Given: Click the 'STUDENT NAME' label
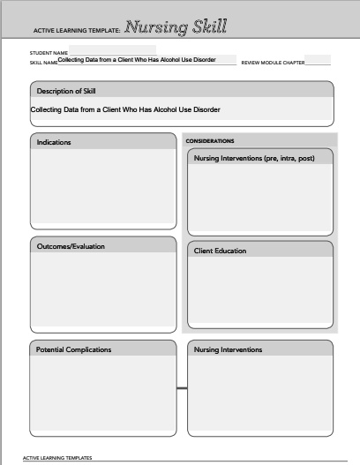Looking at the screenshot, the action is (49, 52).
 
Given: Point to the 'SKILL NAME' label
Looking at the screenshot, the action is (43, 63).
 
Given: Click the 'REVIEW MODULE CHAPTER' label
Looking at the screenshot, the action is (273, 64).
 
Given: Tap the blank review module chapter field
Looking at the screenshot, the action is (319, 61).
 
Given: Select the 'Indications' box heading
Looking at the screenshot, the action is (54, 142).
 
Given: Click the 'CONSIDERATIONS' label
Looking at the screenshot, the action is (210, 140).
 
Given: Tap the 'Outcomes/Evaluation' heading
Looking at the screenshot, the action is (71, 246).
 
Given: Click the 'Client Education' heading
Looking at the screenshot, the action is (220, 251).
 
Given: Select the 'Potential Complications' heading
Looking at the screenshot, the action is (73, 349).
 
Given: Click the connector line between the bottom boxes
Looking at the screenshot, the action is (182, 388).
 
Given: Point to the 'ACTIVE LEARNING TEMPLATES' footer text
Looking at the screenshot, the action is (57, 459).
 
